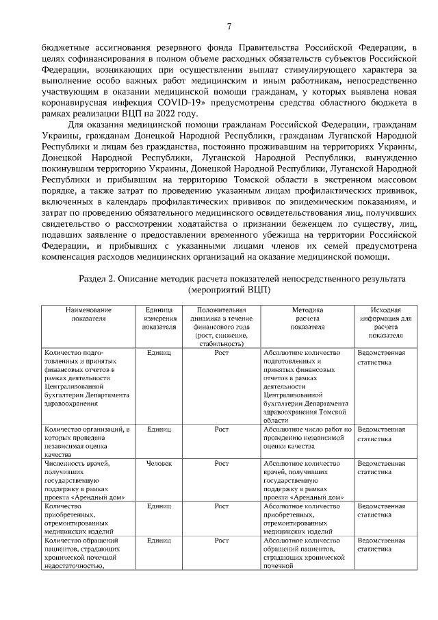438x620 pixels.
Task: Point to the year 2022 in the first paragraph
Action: coord(165,113)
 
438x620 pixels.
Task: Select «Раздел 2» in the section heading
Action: coord(100,280)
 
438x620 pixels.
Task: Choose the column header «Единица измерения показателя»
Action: coord(159,319)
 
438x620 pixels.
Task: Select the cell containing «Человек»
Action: coord(159,464)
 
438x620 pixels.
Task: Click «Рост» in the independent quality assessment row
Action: coord(221,430)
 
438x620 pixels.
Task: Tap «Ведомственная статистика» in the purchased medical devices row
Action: coord(381,509)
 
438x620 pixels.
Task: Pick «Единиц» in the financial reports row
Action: coord(159,353)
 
